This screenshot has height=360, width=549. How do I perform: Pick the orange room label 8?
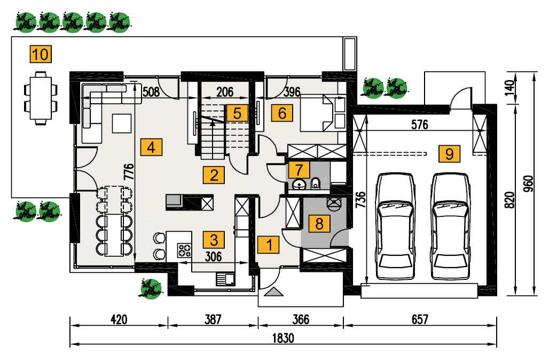[319, 223]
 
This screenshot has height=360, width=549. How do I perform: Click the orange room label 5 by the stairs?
[237, 113]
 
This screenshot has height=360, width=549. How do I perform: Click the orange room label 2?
[214, 175]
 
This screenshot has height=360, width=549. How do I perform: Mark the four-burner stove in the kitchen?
[185, 250]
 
